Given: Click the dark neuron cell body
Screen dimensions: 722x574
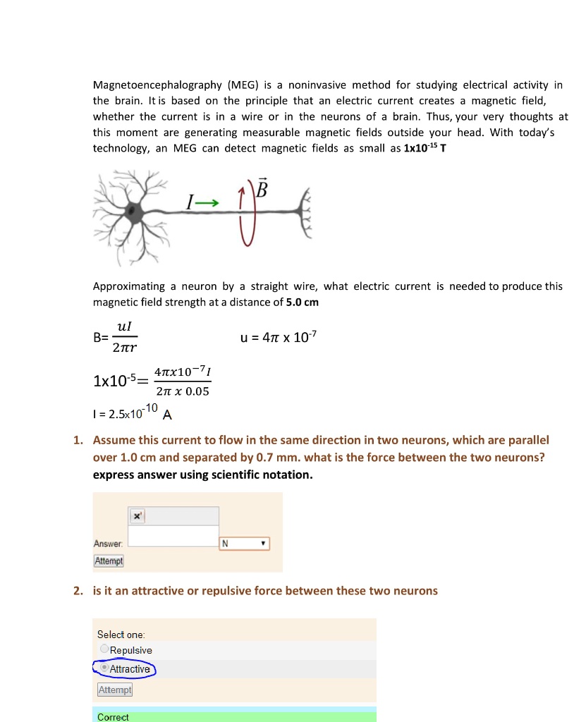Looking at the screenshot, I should pyautogui.click(x=133, y=209).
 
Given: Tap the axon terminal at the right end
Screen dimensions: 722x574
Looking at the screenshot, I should pyautogui.click(x=305, y=209).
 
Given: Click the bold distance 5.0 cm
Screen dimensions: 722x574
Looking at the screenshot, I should pyautogui.click(x=303, y=302).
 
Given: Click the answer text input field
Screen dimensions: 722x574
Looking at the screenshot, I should pyautogui.click(x=173, y=536).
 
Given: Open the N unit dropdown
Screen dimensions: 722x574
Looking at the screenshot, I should pyautogui.click(x=245, y=544).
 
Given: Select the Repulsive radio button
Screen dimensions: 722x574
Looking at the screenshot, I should pyautogui.click(x=104, y=649).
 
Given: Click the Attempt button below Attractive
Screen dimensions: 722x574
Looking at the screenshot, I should pyautogui.click(x=114, y=690).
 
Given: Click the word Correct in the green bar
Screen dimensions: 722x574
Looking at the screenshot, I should pyautogui.click(x=113, y=716).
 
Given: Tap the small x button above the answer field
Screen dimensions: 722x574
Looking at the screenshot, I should pyautogui.click(x=137, y=516).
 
